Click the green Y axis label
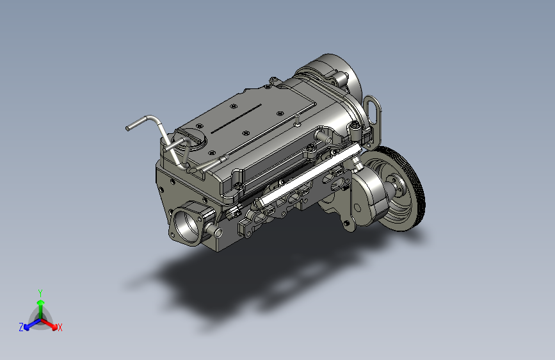[x=40, y=293]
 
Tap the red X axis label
[x=60, y=328]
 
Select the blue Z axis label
[x=21, y=327]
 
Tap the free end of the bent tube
[x=128, y=128]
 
